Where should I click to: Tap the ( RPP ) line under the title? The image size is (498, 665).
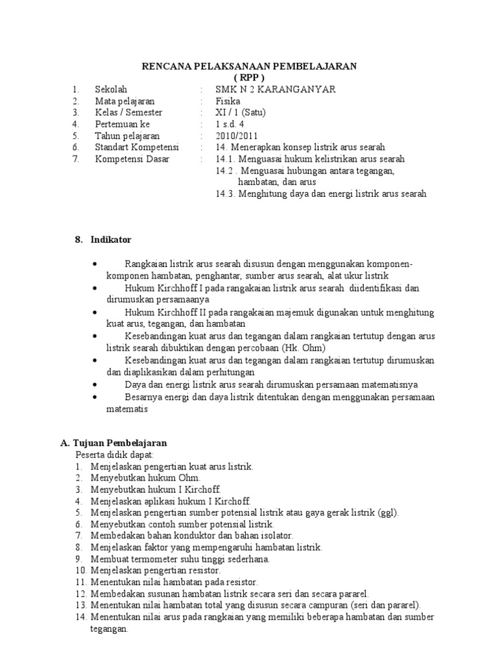[250, 78]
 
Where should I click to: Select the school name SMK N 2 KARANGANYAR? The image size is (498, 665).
[276, 90]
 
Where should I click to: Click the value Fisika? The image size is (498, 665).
[228, 101]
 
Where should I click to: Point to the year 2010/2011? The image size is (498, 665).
[237, 136]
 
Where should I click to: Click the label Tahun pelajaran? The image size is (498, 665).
[126, 136]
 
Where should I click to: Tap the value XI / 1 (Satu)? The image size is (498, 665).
[241, 112]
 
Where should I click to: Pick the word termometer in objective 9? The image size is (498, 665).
[150, 558]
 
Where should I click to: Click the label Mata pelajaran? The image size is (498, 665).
[124, 101]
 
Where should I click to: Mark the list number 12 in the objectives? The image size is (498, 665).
[80, 594]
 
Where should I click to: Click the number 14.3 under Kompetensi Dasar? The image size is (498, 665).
[226, 194]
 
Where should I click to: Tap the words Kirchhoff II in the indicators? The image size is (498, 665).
[180, 312]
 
